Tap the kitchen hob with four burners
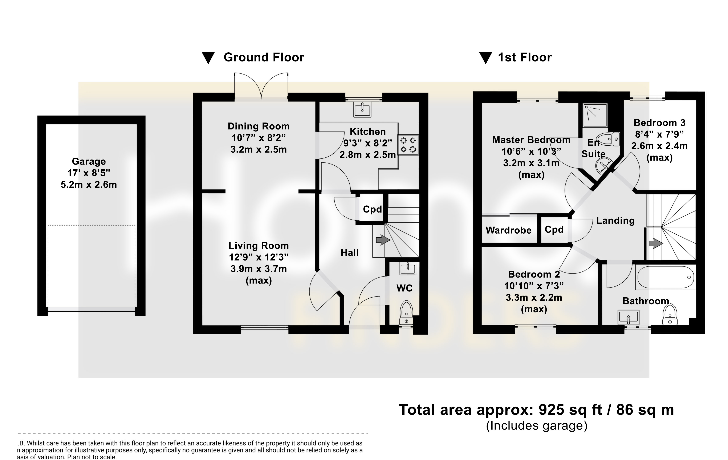[408, 145]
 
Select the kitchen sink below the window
[362, 109]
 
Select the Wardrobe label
[509, 230]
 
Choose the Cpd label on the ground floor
[372, 209]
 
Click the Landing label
[615, 221]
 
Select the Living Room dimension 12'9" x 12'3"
[259, 257]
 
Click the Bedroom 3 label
[659, 123]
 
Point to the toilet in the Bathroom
[670, 315]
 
